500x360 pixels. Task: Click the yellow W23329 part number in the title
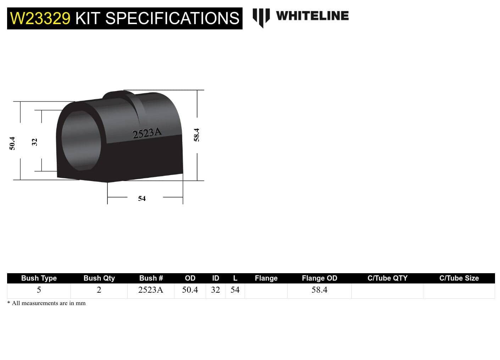point(40,18)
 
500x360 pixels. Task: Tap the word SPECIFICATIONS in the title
point(172,18)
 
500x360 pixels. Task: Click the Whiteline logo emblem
point(261,17)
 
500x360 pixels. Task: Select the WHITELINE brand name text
point(312,16)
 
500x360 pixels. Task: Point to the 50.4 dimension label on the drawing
point(12,143)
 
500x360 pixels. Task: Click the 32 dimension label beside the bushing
point(34,142)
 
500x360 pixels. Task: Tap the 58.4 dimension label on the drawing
point(196,135)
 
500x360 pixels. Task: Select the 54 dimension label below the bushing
point(142,198)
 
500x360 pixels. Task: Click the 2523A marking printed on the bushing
point(147,133)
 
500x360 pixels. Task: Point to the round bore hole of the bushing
point(81,141)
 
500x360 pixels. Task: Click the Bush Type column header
point(39,278)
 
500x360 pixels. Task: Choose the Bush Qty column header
point(99,278)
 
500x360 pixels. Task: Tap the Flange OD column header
point(320,278)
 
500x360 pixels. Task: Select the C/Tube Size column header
point(459,278)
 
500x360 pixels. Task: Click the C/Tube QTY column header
point(387,278)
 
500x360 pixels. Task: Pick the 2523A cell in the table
point(151,290)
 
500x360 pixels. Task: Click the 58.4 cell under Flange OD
point(320,290)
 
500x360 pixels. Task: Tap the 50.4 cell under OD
point(190,290)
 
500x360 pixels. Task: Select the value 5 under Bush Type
point(39,290)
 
